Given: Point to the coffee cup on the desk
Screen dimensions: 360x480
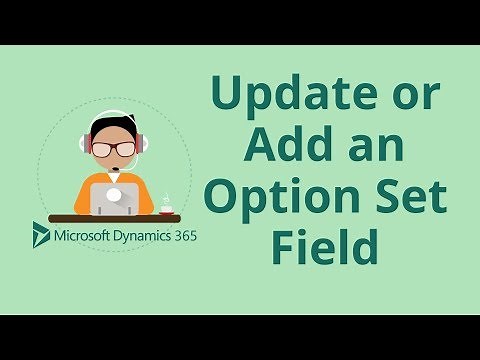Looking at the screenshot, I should [167, 207].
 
